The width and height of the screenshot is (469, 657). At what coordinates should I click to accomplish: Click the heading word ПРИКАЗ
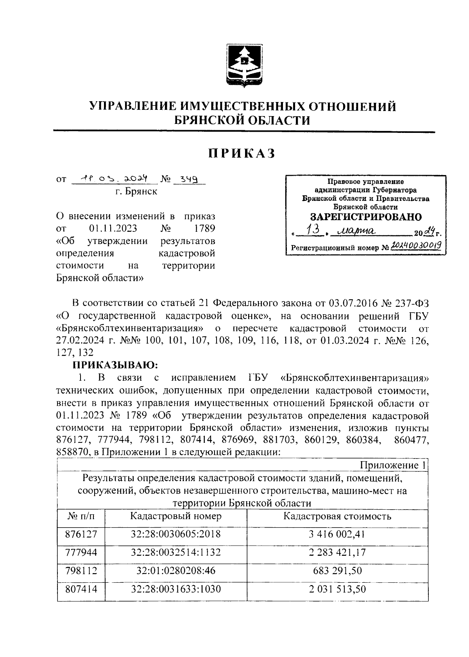click(242, 154)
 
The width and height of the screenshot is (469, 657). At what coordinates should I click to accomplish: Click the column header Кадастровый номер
click(176, 516)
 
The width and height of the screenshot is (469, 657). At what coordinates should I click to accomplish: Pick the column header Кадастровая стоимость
click(337, 516)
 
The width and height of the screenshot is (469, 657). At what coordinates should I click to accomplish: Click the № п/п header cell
click(81, 516)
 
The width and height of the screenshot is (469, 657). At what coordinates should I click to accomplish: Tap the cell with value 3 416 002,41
click(337, 534)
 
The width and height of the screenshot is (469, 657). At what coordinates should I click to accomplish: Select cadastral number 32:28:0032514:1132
click(176, 552)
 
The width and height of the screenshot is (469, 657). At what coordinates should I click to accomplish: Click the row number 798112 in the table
click(81, 571)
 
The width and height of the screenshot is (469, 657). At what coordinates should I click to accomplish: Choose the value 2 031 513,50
click(337, 589)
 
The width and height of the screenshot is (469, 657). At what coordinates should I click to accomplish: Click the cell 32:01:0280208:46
click(176, 571)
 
